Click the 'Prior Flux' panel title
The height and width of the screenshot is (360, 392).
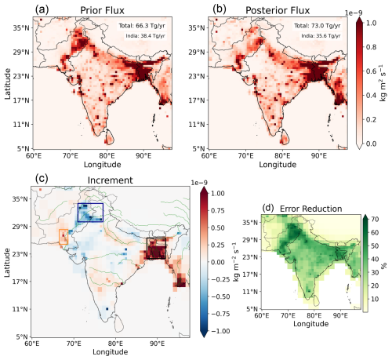pyautogui.click(x=102, y=10)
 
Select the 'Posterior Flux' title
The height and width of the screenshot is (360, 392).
pyautogui.click(x=278, y=10)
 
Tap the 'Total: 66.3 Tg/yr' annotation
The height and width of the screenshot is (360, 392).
pyautogui.click(x=142, y=26)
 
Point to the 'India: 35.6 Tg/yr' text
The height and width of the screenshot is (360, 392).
pyautogui.click(x=321, y=36)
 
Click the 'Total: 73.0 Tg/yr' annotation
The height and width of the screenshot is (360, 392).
pyautogui.click(x=318, y=26)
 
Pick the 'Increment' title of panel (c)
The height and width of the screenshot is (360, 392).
pyautogui.click(x=110, y=180)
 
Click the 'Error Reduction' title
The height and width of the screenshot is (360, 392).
pyautogui.click(x=310, y=209)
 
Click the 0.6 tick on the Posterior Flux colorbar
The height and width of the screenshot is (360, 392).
pyautogui.click(x=372, y=71)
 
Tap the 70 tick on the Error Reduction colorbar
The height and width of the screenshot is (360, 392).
pyautogui.click(x=375, y=219)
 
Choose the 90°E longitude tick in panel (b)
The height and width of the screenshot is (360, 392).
pyautogui.click(x=319, y=156)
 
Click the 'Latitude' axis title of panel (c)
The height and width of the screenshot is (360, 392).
pyautogui.click(x=7, y=263)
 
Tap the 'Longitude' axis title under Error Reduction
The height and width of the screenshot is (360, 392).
pyautogui.click(x=310, y=324)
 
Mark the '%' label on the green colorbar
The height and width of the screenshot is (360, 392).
pyautogui.click(x=383, y=266)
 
